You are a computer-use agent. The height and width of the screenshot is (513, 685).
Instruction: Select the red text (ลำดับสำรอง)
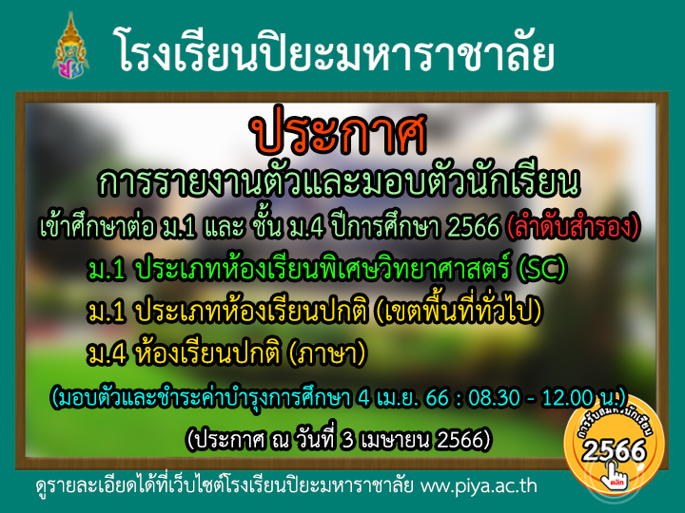573,226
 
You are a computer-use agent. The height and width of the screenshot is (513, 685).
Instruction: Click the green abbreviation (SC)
541,269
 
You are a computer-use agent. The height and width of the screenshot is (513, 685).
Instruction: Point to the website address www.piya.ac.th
479,486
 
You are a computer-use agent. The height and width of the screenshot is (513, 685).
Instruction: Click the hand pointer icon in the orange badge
615,475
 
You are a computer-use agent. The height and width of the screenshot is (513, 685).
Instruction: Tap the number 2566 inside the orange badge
615,450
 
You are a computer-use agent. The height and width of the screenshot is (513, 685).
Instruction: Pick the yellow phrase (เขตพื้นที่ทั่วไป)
458,310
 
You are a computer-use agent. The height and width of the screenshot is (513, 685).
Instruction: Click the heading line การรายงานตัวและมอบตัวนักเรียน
339,181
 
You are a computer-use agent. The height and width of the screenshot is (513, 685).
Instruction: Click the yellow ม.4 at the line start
107,354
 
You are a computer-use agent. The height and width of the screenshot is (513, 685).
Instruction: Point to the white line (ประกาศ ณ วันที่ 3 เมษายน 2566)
339,439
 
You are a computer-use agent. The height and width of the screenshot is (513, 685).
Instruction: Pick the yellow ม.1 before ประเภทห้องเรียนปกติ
107,312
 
